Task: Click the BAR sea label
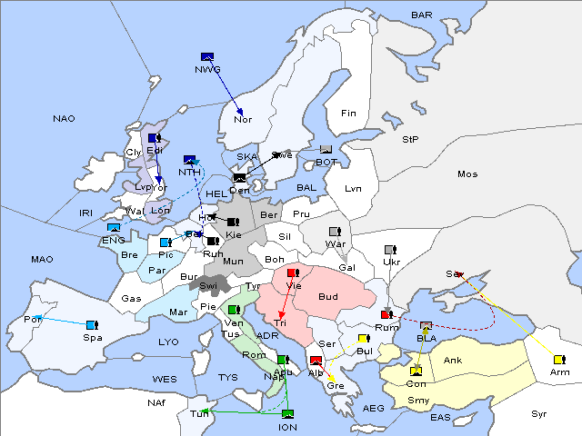pos(421,15)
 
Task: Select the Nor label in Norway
pos(243,119)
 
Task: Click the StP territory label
pos(410,139)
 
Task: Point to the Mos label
pos(467,173)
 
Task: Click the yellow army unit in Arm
pos(559,359)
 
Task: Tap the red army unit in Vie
pos(292,272)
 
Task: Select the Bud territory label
pos(328,297)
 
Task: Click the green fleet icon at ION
pos(287,415)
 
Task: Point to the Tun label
pos(198,414)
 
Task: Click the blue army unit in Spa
pos(91,324)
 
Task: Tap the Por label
pos(34,319)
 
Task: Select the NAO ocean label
pos(64,118)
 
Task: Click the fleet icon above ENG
pos(114,228)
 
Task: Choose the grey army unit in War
pos(334,232)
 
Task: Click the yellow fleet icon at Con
pos(416,371)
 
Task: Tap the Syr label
pos(540,413)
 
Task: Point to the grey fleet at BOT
pos(326,150)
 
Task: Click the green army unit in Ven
pos(234,311)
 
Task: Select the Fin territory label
pos(347,113)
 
